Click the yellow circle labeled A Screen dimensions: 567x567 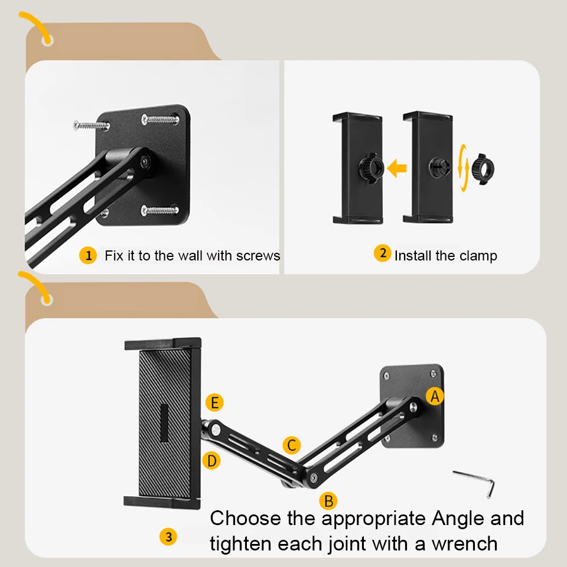click(435, 397)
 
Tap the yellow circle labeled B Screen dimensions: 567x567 click(328, 501)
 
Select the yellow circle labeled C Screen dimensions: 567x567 click(291, 445)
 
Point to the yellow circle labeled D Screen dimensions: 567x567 click(212, 460)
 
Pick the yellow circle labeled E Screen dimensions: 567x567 click(215, 403)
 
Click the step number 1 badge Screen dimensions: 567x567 click(88, 255)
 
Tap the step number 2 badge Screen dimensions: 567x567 click(382, 254)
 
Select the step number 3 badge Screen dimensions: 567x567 click(168, 536)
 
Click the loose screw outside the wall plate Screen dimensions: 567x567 click(91, 125)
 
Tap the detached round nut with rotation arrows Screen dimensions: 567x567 click(482, 168)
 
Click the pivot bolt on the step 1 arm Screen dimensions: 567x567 click(144, 160)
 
